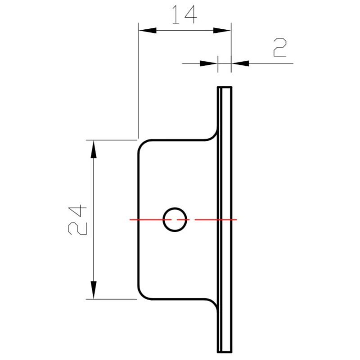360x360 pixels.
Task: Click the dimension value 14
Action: coord(184,14)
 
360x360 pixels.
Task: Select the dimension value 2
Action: coord(280,48)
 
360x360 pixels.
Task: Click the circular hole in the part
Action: coord(175,220)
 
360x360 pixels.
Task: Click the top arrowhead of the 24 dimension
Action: coord(93,148)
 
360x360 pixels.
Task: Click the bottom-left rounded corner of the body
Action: coord(142,294)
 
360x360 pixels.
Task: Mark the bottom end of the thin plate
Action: coord(225,351)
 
